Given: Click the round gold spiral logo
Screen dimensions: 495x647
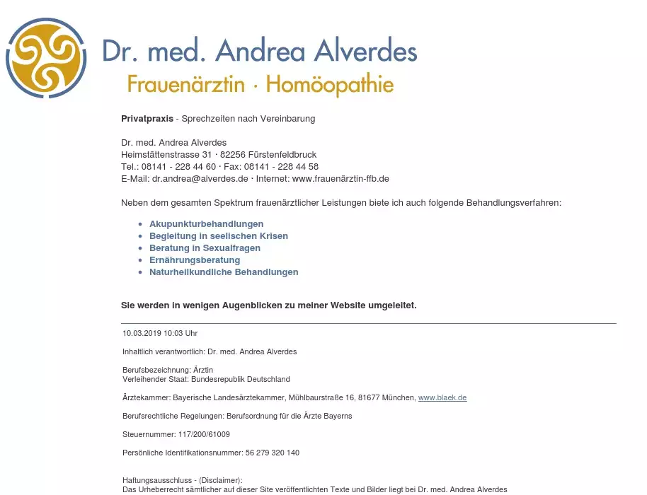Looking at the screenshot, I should click(47, 57).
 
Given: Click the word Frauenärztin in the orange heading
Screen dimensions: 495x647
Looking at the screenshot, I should click(186, 85).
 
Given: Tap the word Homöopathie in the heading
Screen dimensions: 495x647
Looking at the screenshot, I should click(330, 85).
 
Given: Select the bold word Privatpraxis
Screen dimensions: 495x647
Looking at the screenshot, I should click(147, 119).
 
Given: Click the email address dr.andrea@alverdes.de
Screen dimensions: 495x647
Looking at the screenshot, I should click(200, 179).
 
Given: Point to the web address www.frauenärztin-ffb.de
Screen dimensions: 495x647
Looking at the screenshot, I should click(340, 179).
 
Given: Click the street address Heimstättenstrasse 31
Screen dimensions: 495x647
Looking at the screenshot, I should click(166, 155).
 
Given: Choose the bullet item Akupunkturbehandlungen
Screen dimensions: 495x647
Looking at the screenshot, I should click(206, 224).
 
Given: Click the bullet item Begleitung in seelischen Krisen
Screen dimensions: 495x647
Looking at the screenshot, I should click(218, 236).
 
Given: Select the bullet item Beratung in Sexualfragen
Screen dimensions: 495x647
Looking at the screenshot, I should click(205, 248).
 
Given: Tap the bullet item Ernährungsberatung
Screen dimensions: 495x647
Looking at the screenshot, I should click(195, 260).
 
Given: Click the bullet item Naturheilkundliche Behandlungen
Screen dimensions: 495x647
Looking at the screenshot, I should click(224, 272).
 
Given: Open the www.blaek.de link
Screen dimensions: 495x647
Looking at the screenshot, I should click(442, 398).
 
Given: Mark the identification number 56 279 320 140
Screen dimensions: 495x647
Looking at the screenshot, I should click(273, 453).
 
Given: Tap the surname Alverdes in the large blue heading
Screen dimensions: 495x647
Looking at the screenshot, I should click(365, 51).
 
